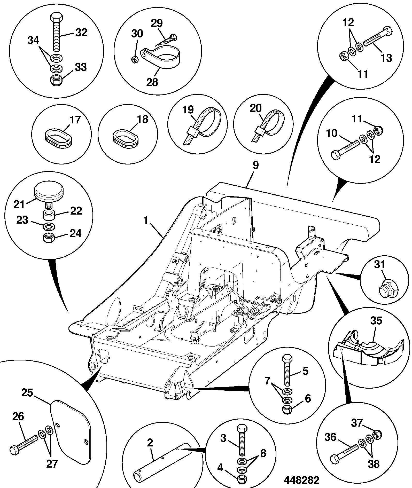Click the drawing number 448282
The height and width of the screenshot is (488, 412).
pos(301,480)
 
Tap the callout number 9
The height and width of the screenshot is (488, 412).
pos(255,165)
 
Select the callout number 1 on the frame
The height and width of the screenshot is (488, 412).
pos(146,221)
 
